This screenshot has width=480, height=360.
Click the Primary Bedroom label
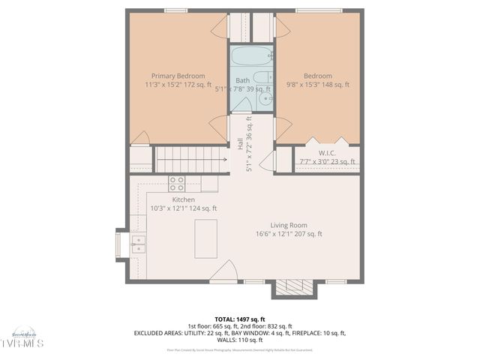point(178,76)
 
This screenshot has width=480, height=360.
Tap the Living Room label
point(289,225)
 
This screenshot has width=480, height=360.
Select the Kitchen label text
point(184,199)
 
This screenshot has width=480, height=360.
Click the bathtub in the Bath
point(253,56)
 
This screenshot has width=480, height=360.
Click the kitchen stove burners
point(176,183)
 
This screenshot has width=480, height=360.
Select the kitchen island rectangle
point(205,238)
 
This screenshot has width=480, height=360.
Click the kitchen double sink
point(138,243)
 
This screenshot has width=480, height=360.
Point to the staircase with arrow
point(190,159)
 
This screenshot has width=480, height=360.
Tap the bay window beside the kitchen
point(119,244)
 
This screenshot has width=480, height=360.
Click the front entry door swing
point(224,271)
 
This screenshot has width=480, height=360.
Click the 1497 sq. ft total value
point(252,319)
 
